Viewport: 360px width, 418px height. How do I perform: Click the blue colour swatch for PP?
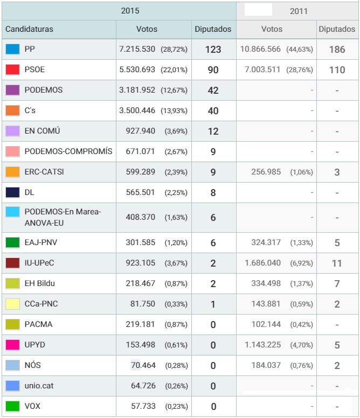[12, 50]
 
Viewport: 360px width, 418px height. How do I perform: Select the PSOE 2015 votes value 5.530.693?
[137, 69]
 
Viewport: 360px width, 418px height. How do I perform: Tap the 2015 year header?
[130, 11]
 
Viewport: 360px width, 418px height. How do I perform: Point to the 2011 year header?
[299, 11]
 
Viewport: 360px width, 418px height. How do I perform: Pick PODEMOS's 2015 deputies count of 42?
[213, 90]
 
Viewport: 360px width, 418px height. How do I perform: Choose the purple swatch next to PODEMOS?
[12, 90]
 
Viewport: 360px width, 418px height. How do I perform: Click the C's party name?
[30, 110]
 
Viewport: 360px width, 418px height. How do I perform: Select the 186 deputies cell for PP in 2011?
[337, 50]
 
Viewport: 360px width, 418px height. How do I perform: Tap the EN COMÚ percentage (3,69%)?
[176, 131]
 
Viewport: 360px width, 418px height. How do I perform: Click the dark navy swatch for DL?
[12, 192]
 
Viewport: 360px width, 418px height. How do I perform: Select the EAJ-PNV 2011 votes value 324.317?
[266, 242]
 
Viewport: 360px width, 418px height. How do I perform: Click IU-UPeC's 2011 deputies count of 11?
[337, 263]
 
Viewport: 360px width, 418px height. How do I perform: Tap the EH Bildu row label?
[40, 283]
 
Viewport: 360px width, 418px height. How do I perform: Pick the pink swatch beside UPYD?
[12, 345]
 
